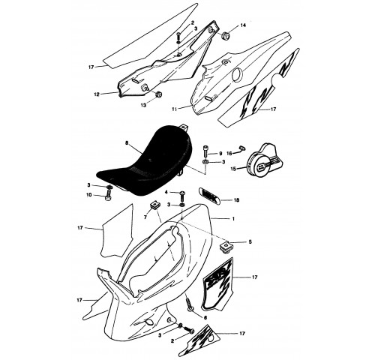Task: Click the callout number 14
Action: pos(243,25)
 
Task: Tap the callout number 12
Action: pos(97,94)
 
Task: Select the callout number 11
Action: pos(175,109)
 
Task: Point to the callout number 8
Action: pos(127,143)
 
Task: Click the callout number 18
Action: pos(236,200)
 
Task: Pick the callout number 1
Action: pos(233,219)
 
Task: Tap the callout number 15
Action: pos(233,169)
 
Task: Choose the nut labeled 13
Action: pos(158,94)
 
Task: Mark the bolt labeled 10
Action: pos(107,195)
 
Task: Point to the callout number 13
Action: pos(143,106)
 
